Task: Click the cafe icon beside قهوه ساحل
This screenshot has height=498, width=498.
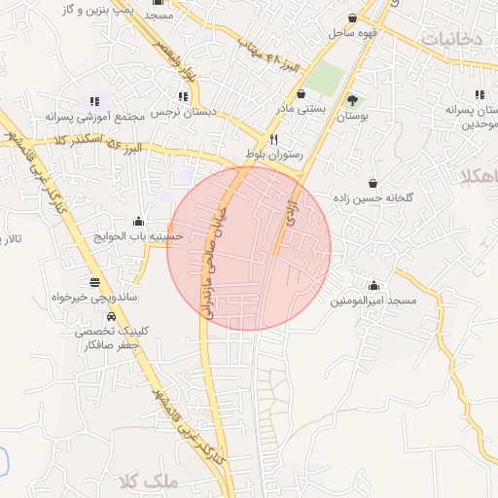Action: point(352,18)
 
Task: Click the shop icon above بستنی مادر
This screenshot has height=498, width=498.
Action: point(300,94)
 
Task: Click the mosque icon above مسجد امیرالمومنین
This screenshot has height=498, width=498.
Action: point(373,285)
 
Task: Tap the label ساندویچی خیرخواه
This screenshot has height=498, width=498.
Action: point(108,296)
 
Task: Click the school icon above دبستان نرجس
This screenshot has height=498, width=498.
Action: point(183,96)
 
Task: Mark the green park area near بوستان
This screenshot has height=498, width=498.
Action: point(328,78)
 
